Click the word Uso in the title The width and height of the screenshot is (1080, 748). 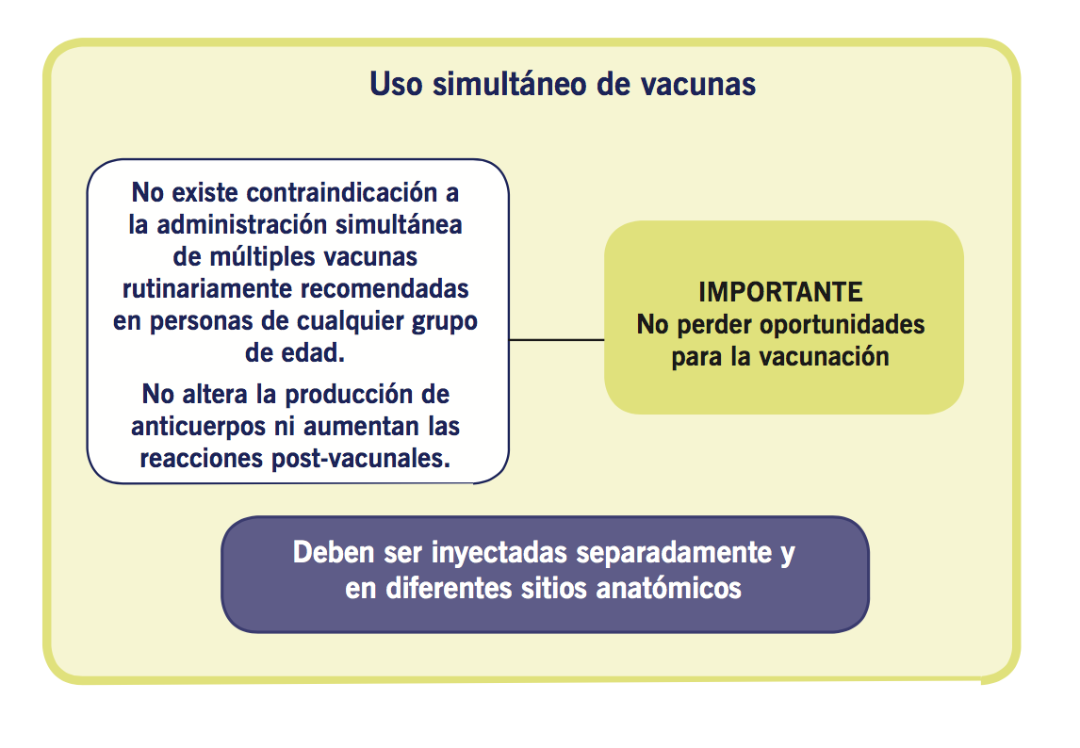coord(396,84)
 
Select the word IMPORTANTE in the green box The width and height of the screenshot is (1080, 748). coord(780,292)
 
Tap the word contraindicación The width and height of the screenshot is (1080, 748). coord(342,193)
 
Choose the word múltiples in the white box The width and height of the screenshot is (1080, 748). coord(262,257)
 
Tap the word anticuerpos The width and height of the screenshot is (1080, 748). coord(200,427)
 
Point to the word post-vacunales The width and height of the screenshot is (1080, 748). coord(361,459)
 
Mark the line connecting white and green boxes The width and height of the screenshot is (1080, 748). coord(557,339)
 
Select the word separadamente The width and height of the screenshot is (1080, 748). coord(674,553)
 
